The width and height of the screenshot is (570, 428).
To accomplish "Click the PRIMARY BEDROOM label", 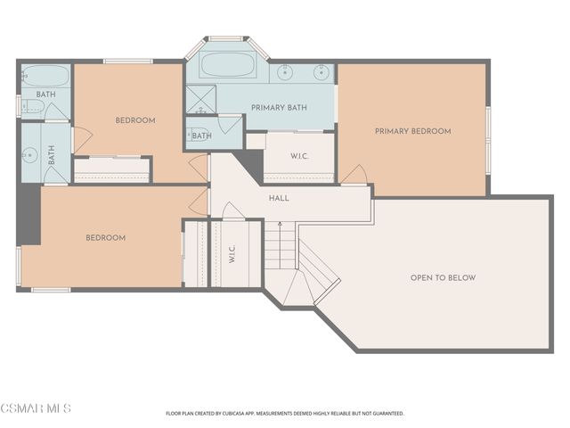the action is coord(413,131).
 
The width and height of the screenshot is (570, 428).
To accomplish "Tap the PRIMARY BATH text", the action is coord(279,107).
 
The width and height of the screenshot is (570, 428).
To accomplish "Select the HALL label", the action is coord(279,198).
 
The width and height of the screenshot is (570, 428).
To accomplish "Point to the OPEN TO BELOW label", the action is coord(444,277).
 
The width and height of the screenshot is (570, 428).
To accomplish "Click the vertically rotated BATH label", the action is coord(52,154).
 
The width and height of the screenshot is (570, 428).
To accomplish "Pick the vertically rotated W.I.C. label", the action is coord(232,253).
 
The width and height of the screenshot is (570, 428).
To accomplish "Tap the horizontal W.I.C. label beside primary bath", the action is coord(299,157).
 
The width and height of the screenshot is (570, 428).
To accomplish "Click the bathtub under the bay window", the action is coord(228,65).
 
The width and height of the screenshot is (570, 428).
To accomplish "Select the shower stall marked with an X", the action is coord(201,99).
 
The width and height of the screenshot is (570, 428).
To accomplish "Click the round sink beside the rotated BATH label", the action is coord(29,156).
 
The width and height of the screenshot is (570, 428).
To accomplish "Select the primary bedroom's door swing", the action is coord(354,175).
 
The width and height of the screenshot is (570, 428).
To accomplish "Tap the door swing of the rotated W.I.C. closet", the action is coord(232,210).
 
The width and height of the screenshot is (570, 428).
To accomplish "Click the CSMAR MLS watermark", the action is coord(36,408).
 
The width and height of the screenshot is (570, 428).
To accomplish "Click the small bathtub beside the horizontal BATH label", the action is coord(45,76).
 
